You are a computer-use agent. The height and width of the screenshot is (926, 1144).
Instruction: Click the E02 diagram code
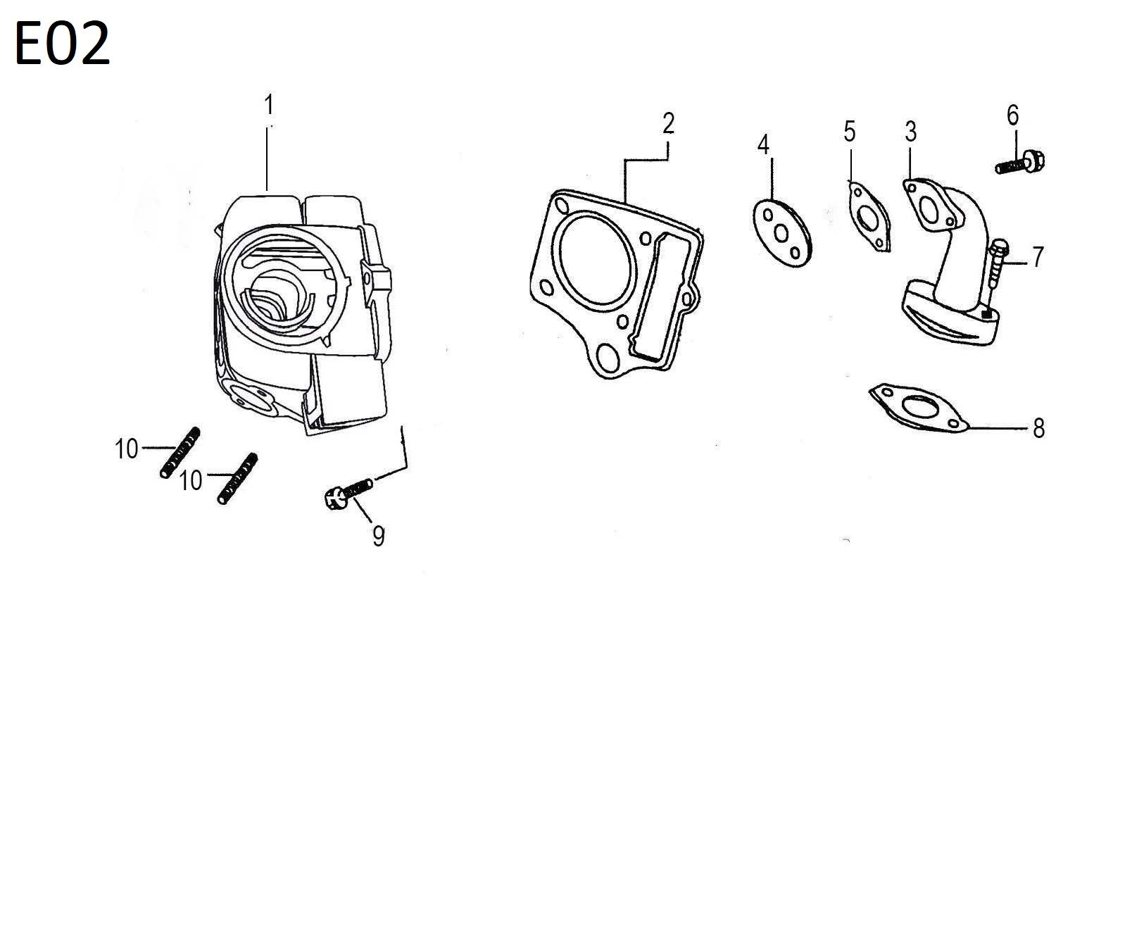pyautogui.click(x=62, y=44)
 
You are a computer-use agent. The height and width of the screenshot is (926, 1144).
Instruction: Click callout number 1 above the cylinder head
pyautogui.click(x=268, y=106)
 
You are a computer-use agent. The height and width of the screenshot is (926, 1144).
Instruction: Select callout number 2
pyautogui.click(x=668, y=123)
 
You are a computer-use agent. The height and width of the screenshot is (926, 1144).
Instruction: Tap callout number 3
pyautogui.click(x=911, y=131)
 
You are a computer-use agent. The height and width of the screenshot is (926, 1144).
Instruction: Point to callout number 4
pyautogui.click(x=764, y=145)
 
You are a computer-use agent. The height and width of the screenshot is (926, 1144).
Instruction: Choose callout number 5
pyautogui.click(x=850, y=131)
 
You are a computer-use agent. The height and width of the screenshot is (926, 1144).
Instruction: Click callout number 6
pyautogui.click(x=1012, y=115)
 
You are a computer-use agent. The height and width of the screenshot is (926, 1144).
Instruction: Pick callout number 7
pyautogui.click(x=1038, y=257)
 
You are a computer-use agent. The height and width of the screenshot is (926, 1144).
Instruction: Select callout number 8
pyautogui.click(x=1038, y=427)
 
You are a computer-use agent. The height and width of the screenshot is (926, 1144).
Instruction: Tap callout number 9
pyautogui.click(x=378, y=537)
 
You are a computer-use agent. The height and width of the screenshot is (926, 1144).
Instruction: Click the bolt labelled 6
pyautogui.click(x=1020, y=163)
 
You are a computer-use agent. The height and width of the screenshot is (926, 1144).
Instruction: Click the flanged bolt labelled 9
pyautogui.click(x=348, y=491)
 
